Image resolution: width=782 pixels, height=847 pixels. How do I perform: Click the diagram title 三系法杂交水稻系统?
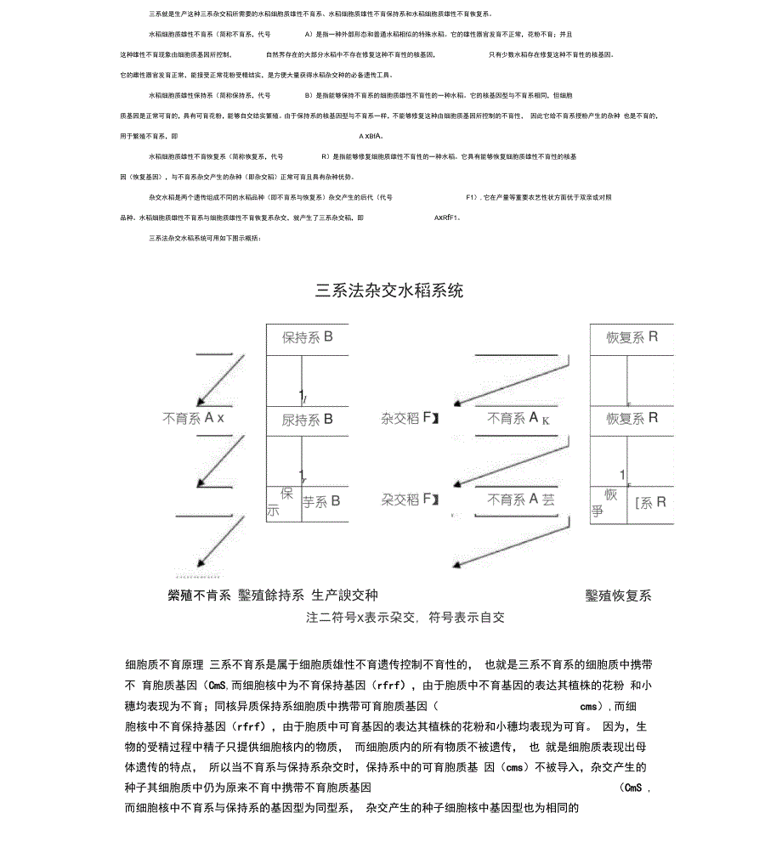pos(389,291)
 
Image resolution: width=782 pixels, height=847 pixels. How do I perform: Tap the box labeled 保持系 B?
pos(307,337)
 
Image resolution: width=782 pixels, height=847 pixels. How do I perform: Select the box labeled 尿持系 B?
pos(307,420)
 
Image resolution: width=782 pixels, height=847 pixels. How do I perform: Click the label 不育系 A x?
pos(194,418)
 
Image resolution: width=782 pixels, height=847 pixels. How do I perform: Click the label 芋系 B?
pos(321,501)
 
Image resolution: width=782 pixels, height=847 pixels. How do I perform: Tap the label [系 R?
pos(650,502)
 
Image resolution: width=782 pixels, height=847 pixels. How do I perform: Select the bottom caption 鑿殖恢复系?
pos(618,596)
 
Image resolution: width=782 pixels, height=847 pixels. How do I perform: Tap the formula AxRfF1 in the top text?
pos(446,217)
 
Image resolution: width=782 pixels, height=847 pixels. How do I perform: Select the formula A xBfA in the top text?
pos(371,136)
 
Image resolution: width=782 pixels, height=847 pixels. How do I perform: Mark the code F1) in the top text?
pos(473,197)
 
